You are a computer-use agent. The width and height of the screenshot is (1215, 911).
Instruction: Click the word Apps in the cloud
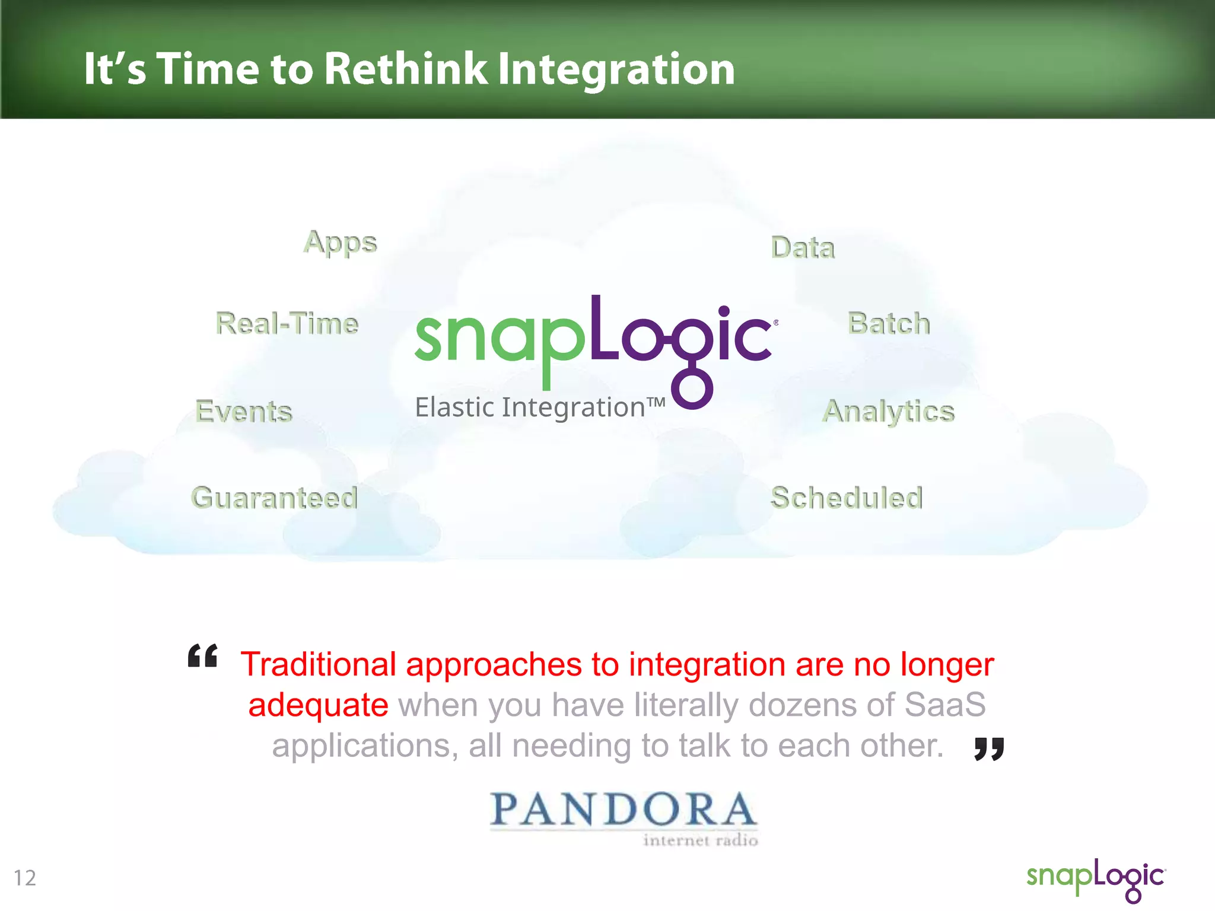point(340,243)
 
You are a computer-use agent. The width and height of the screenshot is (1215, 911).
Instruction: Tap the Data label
point(803,247)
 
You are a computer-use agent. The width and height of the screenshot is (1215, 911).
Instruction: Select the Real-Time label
point(287,323)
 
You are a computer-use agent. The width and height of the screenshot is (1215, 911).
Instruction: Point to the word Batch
point(889,323)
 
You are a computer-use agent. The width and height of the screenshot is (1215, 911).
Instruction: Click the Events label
point(244,411)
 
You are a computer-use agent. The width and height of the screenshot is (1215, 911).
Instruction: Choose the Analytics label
point(889,411)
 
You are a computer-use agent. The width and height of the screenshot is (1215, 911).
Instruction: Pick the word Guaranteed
point(274,498)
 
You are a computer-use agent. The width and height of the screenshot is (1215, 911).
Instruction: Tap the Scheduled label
point(847,498)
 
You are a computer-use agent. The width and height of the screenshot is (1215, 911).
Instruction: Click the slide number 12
point(25,878)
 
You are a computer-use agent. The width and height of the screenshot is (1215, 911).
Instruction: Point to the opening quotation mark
point(203,656)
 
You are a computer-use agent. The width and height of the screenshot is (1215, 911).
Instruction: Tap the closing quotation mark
point(989,748)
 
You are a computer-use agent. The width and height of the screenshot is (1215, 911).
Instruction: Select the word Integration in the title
point(616,69)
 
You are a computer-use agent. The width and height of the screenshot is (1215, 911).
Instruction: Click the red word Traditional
point(318,664)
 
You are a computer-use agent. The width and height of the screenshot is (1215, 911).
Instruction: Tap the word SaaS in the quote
point(944,705)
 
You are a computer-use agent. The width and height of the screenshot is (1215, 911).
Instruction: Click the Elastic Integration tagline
point(540,407)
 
